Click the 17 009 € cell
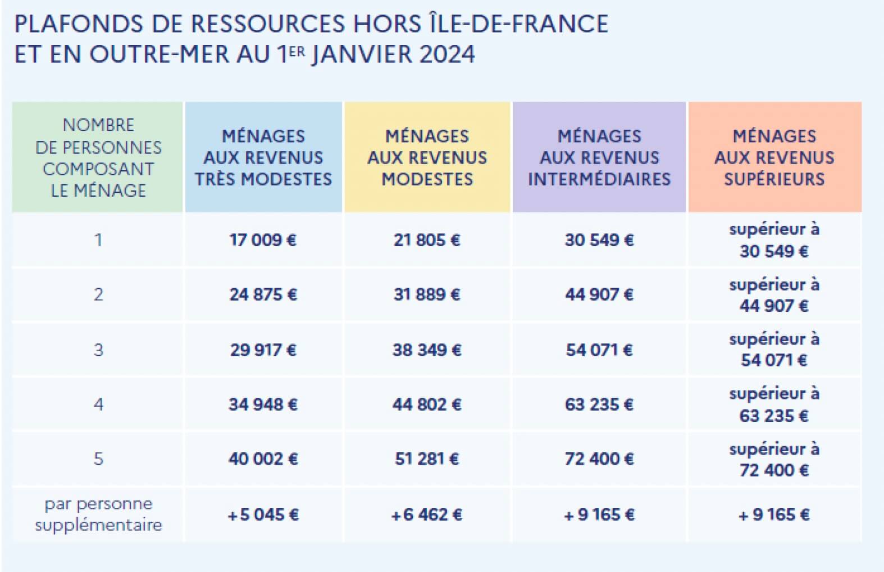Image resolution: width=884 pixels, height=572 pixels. point(263,240)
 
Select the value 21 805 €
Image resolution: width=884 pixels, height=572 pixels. point(427,240)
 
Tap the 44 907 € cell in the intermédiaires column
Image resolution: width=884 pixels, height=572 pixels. point(599,294)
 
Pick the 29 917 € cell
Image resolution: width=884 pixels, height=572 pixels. point(263,350)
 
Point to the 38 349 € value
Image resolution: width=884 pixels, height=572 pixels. point(427,350)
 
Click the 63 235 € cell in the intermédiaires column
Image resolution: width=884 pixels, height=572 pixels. point(599,405)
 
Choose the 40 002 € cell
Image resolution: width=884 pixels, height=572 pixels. point(263,459)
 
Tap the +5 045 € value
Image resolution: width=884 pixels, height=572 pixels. point(263,515)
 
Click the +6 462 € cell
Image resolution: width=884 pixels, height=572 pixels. point(427,515)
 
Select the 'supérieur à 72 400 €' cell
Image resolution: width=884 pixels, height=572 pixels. point(774,460)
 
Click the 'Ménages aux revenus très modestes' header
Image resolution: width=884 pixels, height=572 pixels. point(263,157)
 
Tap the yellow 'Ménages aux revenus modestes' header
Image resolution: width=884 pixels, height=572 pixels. point(427,157)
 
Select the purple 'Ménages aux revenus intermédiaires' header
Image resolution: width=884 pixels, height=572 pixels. point(599,157)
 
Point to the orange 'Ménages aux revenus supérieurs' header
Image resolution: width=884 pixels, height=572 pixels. point(774,157)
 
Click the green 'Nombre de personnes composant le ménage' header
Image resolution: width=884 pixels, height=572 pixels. point(98,157)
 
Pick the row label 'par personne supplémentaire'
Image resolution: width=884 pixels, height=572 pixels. point(98,514)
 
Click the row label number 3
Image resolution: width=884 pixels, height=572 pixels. point(98,350)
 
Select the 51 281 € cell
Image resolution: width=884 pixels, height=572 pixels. point(427,459)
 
